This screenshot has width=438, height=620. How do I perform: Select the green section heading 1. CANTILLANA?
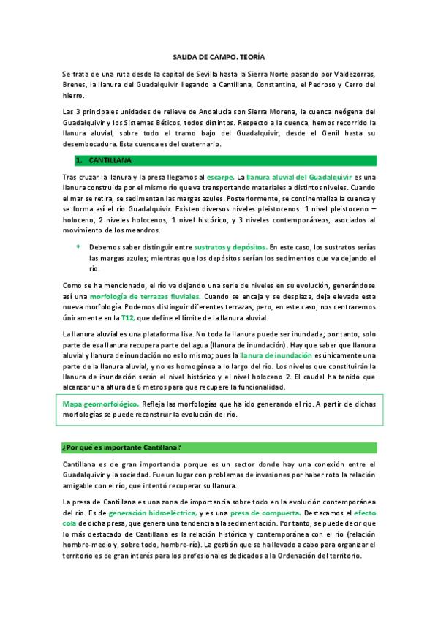(105, 159)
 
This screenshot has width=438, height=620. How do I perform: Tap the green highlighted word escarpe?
(220, 177)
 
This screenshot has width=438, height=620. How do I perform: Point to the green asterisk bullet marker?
(78, 247)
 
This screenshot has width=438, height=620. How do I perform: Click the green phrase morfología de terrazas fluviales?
(146, 297)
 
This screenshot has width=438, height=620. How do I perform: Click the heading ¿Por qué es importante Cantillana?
(122, 447)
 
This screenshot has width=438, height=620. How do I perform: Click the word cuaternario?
(219, 144)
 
